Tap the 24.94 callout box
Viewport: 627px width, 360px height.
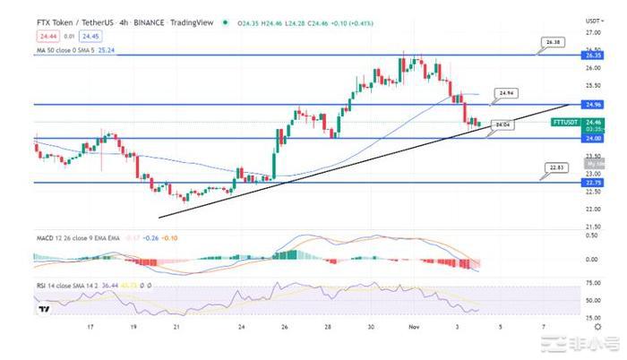pos(505,92)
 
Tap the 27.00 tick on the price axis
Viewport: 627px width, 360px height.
pos(593,31)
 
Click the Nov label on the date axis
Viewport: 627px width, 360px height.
pos(404,328)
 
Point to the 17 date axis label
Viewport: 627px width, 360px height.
pos(90,328)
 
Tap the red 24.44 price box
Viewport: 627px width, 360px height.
pos(47,36)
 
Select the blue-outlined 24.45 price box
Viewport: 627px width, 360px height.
pos(90,36)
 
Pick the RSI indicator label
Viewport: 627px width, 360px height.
pos(41,285)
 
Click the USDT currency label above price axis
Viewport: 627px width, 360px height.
pos(593,20)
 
